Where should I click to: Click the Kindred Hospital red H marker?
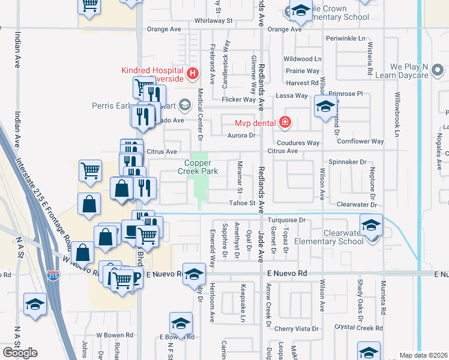tap(193, 74)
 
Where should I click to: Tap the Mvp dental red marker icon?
tap(285, 123)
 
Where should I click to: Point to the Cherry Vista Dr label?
tap(297, 329)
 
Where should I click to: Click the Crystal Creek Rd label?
tap(358, 328)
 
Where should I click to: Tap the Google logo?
tap(20, 353)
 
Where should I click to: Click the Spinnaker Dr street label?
tap(348, 162)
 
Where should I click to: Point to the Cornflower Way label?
tap(360, 142)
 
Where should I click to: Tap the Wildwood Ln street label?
tap(303, 59)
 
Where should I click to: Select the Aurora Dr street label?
tap(243, 136)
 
